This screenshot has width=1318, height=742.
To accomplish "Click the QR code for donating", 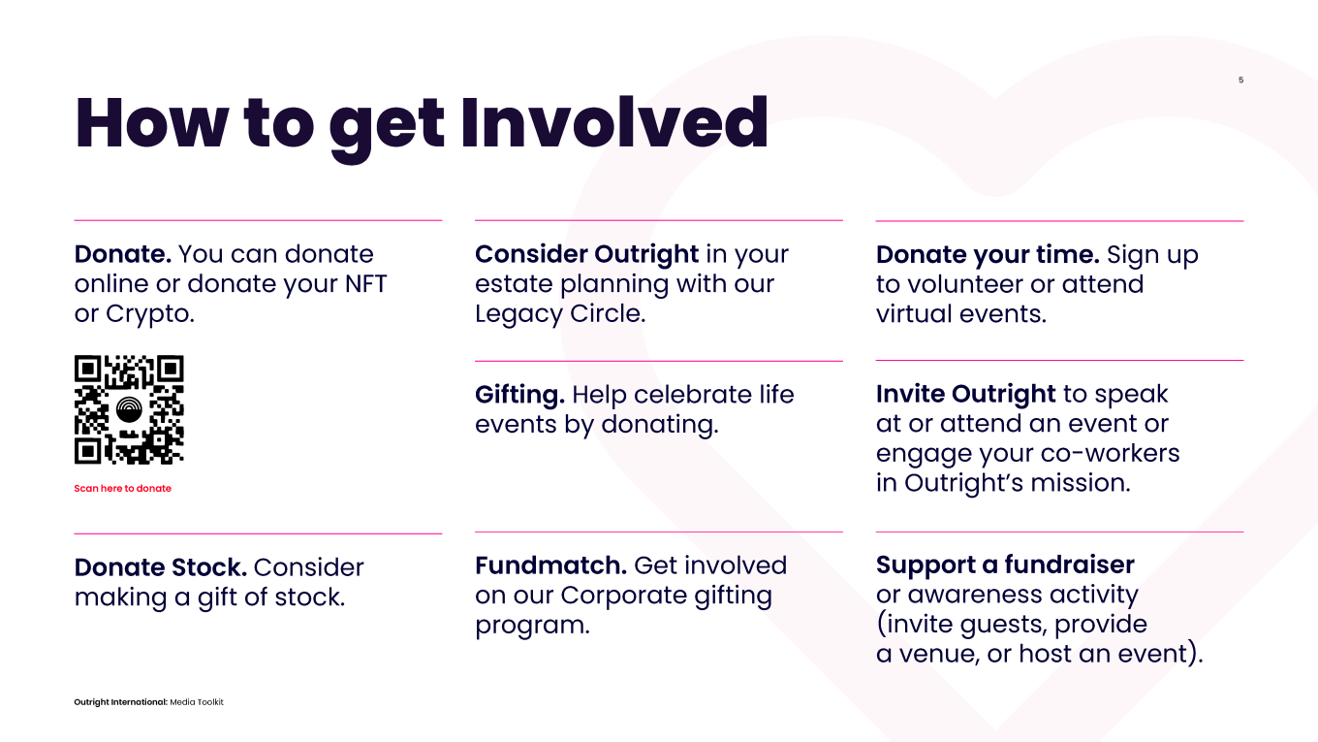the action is pos(129,409).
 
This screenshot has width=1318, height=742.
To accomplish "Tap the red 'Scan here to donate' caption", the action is pos(122,488).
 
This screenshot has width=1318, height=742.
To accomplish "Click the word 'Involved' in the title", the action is pos(614,123).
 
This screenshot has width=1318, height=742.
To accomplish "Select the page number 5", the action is pos(1240,80).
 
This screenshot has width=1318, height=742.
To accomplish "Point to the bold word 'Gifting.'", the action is pos(519,395).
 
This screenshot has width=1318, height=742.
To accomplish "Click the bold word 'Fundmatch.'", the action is pos(550,565).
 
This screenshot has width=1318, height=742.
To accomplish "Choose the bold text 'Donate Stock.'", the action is pos(161,567).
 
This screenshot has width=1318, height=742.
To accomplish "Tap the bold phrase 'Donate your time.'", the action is pos(988,254).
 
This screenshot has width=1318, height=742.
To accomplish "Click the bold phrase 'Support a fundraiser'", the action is pos(1005,565).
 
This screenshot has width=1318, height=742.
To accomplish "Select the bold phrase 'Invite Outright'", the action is pos(965,394).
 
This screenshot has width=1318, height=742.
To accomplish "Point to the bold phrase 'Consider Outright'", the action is pos(586,254).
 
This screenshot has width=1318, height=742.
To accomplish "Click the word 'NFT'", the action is pos(366,284).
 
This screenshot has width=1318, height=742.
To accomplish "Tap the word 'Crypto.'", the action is pos(150,314).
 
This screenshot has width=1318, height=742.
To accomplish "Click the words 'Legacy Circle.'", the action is pos(560,314).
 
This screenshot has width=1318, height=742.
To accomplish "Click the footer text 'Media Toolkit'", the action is pos(197,702).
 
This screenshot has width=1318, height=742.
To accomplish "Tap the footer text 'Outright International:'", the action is pos(120,702).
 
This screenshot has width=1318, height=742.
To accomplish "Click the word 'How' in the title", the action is pos(151,123).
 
